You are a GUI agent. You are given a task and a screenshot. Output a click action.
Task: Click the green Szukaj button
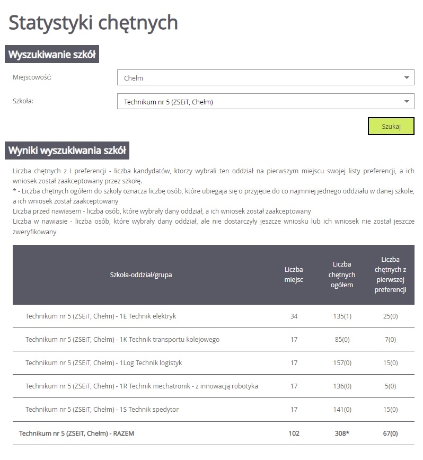pyautogui.click(x=391, y=126)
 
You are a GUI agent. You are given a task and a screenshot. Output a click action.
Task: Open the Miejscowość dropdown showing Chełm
pyautogui.click(x=265, y=78)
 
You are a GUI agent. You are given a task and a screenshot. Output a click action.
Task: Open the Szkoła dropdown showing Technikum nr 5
pyautogui.click(x=265, y=101)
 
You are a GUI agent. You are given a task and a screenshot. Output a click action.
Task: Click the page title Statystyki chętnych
pyautogui.click(x=93, y=23)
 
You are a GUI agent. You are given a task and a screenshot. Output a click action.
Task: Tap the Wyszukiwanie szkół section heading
pyautogui.click(x=52, y=55)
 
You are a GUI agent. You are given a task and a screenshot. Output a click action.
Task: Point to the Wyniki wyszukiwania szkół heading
pyautogui.click(x=67, y=151)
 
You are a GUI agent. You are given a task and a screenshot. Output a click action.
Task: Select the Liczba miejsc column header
pyautogui.click(x=294, y=275)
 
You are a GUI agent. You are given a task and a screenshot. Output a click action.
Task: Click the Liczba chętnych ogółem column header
pyautogui.click(x=342, y=275)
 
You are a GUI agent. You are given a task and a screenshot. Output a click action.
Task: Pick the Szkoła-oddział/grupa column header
pyautogui.click(x=141, y=275)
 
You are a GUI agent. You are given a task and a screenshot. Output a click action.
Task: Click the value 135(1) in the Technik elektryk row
pyautogui.click(x=343, y=316)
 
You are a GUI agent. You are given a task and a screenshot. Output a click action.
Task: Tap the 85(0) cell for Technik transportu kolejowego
pyautogui.click(x=343, y=340)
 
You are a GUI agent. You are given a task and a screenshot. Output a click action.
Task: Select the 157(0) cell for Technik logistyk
pyautogui.click(x=343, y=363)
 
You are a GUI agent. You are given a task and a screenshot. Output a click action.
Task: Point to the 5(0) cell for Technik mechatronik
pyautogui.click(x=390, y=386)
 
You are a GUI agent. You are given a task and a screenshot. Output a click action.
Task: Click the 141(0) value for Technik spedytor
pyautogui.click(x=343, y=410)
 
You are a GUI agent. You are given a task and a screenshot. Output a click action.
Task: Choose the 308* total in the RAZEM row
pyautogui.click(x=341, y=434)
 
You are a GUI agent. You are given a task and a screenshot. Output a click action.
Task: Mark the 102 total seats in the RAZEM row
pyautogui.click(x=294, y=434)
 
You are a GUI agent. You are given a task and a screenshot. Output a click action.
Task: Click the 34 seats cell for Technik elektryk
pyautogui.click(x=294, y=316)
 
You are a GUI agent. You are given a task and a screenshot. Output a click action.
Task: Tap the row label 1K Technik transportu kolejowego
pyautogui.click(x=122, y=340)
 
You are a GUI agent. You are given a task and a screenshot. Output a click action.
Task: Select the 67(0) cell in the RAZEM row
pyautogui.click(x=390, y=434)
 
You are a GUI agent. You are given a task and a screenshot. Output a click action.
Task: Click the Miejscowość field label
pyautogui.click(x=32, y=77)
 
